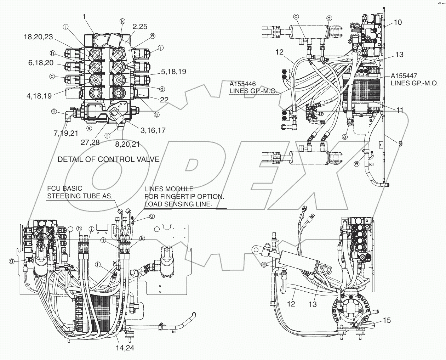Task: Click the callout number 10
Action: point(398,23)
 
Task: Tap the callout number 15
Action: point(387,320)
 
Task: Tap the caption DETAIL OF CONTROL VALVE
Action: point(108,159)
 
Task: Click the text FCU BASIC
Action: point(62,189)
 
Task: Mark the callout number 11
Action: point(399,111)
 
